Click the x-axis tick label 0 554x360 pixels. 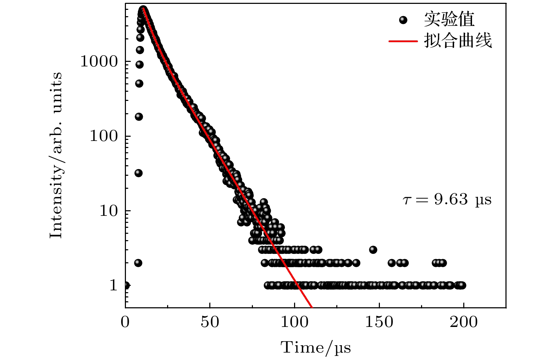125,322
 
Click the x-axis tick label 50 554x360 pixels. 210,322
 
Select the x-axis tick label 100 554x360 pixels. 294,322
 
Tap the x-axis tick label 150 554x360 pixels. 379,322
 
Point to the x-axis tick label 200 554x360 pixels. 464,322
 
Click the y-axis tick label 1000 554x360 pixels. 99,62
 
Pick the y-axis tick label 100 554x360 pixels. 103,136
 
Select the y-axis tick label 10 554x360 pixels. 108,211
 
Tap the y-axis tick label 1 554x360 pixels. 113,285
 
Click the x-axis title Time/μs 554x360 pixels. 316,348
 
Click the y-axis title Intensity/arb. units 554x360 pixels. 56,155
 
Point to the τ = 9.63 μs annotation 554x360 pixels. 447,200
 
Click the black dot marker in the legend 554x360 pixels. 403,20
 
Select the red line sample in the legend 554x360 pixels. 403,41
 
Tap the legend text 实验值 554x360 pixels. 449,20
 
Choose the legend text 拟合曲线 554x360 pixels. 458,41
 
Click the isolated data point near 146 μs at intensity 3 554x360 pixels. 373,250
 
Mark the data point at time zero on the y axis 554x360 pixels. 126,285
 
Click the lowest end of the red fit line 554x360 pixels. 312,307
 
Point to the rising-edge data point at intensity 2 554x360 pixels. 138,263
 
